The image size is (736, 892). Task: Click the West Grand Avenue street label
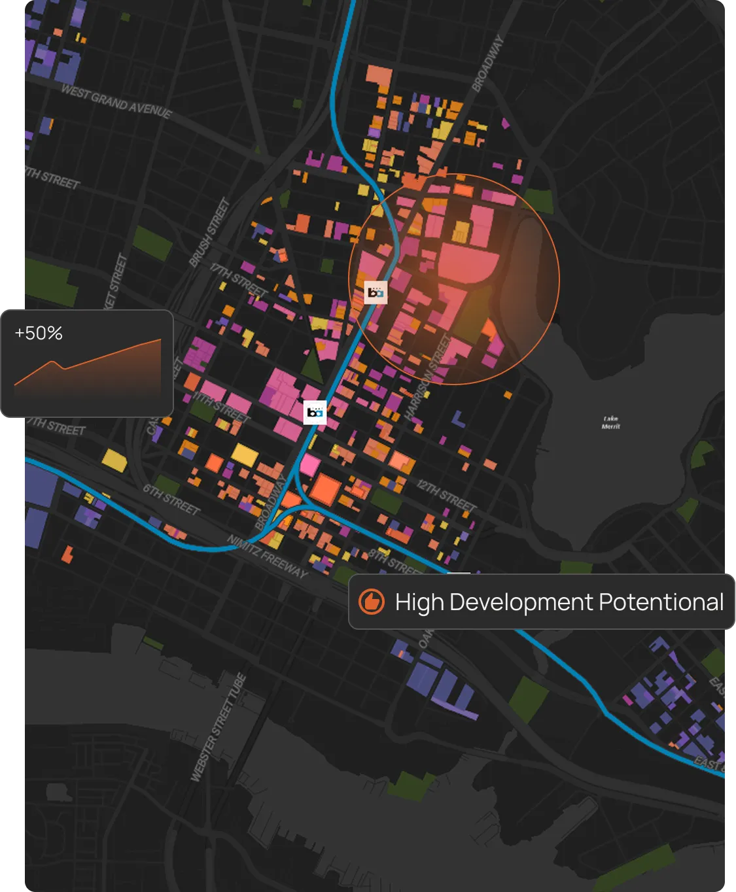(116, 102)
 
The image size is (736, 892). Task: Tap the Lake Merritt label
(610, 422)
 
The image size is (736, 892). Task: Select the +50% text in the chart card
(39, 334)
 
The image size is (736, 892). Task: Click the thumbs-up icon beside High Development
(372, 602)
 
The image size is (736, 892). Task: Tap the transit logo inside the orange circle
(376, 292)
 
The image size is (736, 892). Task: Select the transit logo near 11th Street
(315, 413)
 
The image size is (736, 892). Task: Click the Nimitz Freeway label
(267, 556)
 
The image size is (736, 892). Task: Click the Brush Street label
(210, 233)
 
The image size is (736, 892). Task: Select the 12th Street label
(447, 495)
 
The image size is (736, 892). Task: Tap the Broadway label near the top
(488, 63)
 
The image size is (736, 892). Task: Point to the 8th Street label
(393, 562)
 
